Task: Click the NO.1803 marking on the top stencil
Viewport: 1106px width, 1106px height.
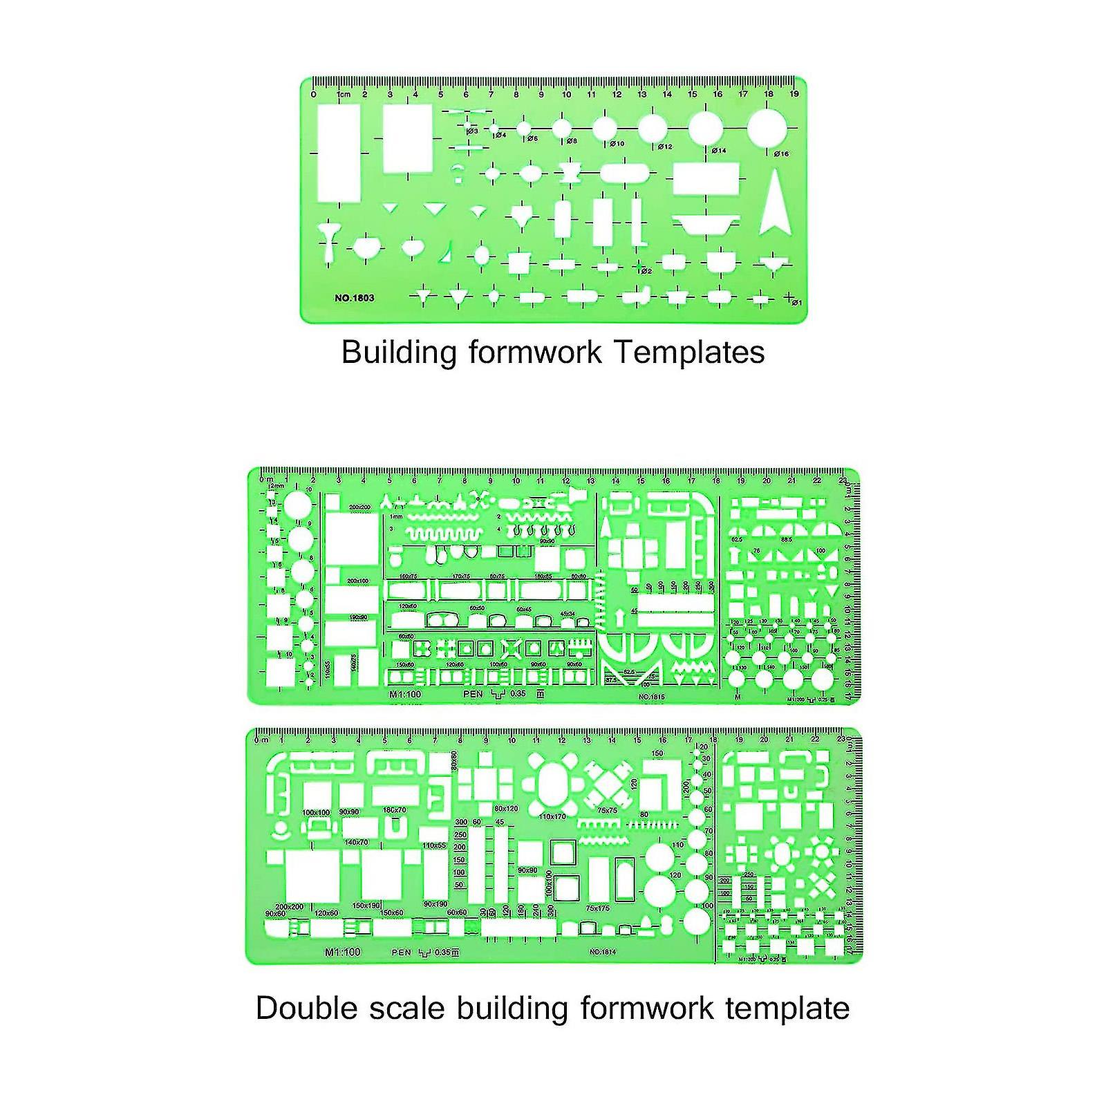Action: (355, 298)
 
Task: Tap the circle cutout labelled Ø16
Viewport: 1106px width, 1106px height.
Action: (767, 129)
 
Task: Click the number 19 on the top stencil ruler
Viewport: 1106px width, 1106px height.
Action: (795, 94)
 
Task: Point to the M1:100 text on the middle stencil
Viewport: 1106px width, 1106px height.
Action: (404, 694)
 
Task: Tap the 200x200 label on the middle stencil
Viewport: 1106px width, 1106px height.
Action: (359, 507)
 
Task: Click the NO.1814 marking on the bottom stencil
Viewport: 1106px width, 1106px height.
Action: (602, 952)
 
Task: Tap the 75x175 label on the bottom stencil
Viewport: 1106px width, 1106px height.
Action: (598, 908)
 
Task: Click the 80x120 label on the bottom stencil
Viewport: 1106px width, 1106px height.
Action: (506, 809)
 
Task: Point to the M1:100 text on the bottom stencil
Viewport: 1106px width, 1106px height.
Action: (343, 952)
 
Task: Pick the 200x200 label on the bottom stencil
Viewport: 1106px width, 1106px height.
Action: (290, 906)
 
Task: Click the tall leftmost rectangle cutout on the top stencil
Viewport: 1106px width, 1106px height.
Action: (339, 153)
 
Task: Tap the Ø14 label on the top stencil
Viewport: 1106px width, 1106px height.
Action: (720, 150)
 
